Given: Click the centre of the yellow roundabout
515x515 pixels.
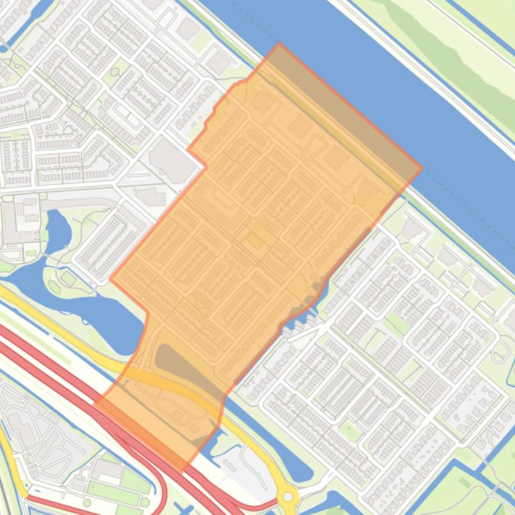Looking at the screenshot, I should [x=288, y=497].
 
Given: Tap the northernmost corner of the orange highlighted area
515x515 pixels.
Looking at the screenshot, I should [x=279, y=44].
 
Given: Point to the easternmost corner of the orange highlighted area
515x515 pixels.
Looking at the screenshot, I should [x=422, y=168].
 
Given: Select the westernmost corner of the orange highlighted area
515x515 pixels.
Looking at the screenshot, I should [x=96, y=402].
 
